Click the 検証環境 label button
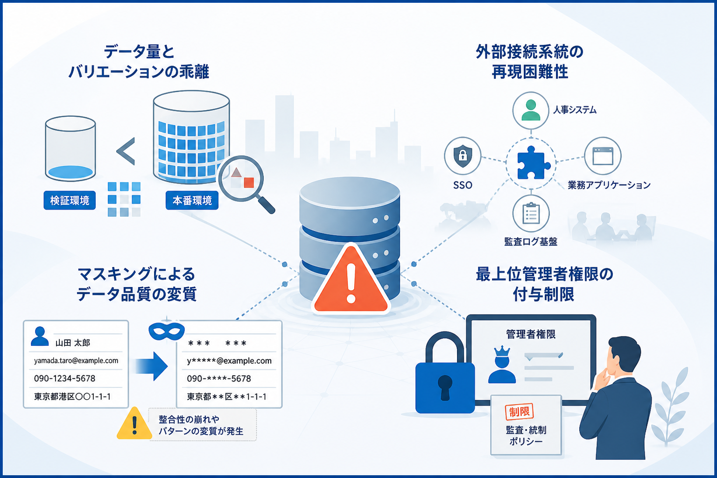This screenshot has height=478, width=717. pos(70,200)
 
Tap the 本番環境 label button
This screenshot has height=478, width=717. pos(192,200)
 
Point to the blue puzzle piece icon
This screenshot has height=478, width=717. pos(532,162)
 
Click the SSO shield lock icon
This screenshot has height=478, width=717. pos(463,156)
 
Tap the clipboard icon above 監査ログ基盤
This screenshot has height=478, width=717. pos(531,213)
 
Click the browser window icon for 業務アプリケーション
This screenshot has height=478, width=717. pos(603,156)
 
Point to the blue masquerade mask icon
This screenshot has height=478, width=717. pos(167,331)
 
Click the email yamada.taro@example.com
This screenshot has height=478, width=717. pos(76,360)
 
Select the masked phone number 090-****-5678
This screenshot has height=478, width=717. pos(219,379)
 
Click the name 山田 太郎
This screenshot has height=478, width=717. pos(73,343)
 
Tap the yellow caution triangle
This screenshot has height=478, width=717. pos(134,424)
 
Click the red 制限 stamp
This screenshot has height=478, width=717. pos(519,412)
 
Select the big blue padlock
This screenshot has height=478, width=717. pos(445,374)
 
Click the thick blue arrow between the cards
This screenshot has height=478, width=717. pos(150,366)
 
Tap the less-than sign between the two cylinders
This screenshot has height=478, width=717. pos(126,151)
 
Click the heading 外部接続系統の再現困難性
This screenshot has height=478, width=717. pos(530,62)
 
